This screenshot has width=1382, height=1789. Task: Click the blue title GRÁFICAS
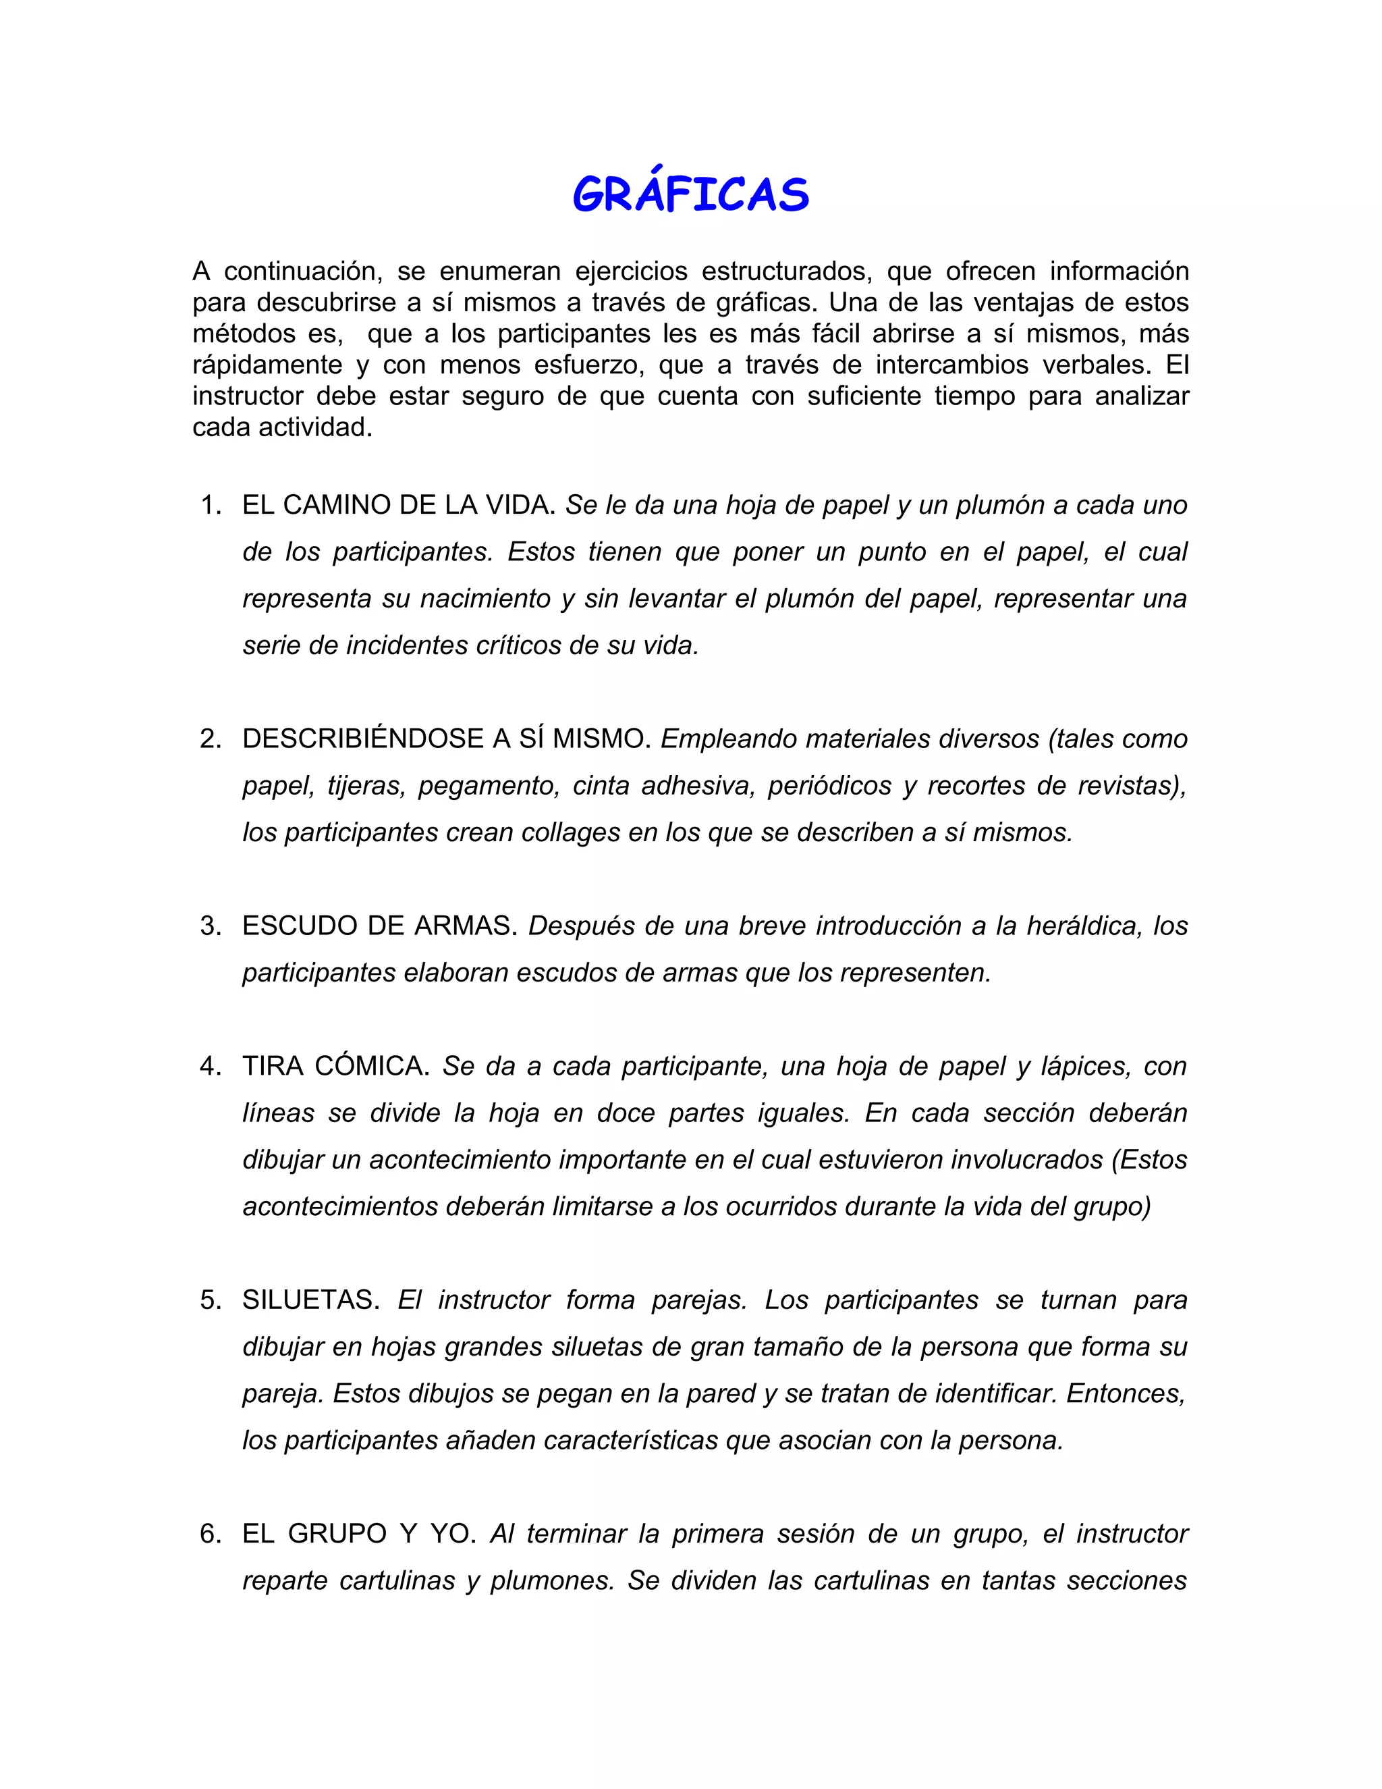point(690,196)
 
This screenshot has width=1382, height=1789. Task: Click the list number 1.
point(211,506)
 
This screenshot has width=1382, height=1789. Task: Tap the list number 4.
point(211,1067)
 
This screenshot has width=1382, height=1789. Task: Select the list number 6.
point(211,1533)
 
